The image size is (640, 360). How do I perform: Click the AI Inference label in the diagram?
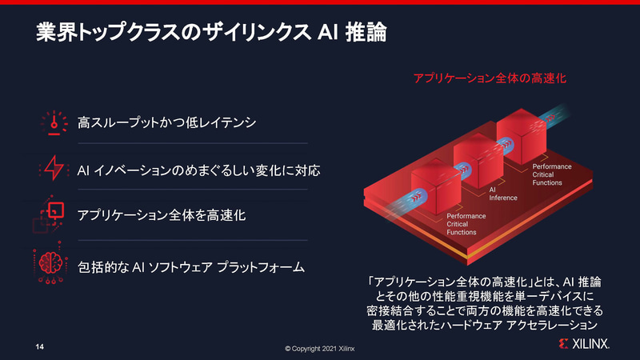point(503,194)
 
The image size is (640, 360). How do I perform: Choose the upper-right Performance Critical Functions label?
point(553,174)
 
